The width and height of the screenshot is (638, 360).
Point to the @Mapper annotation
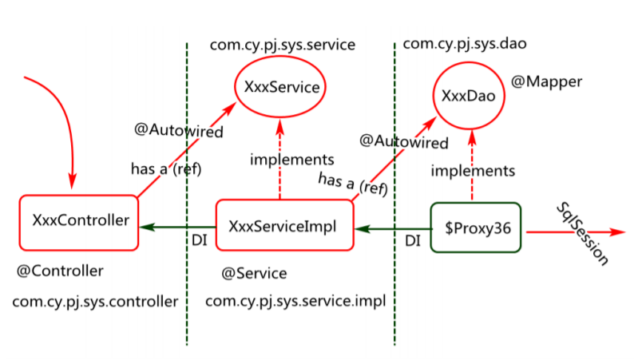click(x=546, y=81)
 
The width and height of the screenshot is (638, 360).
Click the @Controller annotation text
click(x=60, y=271)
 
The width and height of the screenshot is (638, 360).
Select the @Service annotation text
click(x=254, y=273)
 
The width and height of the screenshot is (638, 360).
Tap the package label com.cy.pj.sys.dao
click(x=465, y=44)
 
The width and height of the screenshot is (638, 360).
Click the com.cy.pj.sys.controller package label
click(x=95, y=302)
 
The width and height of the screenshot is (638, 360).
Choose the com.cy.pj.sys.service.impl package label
click(x=295, y=302)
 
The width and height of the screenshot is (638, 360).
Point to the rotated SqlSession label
click(x=582, y=234)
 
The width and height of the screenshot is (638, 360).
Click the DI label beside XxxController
click(x=200, y=240)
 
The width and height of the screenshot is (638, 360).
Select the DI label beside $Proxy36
click(x=413, y=241)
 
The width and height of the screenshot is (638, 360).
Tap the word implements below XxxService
click(x=291, y=160)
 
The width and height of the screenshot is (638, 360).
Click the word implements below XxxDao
click(x=473, y=171)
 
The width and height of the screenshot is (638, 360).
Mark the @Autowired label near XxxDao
click(x=403, y=141)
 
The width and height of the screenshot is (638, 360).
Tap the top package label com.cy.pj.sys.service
click(x=283, y=45)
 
